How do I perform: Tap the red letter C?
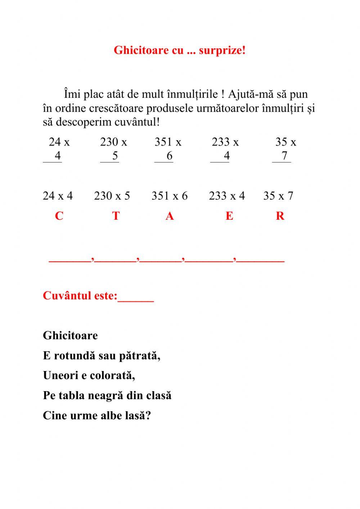(x=59, y=216)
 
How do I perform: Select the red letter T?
(x=116, y=216)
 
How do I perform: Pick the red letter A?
(x=170, y=216)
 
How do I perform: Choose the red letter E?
(x=229, y=216)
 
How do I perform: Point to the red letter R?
(x=280, y=216)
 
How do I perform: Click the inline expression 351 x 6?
(x=170, y=196)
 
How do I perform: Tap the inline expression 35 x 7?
(x=278, y=196)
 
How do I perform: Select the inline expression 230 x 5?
(x=112, y=196)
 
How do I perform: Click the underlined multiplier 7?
(x=284, y=156)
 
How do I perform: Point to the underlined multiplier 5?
(x=115, y=156)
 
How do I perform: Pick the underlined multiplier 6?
(x=169, y=156)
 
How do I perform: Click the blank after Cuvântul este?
(x=136, y=297)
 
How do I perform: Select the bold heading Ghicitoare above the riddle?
(x=70, y=336)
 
